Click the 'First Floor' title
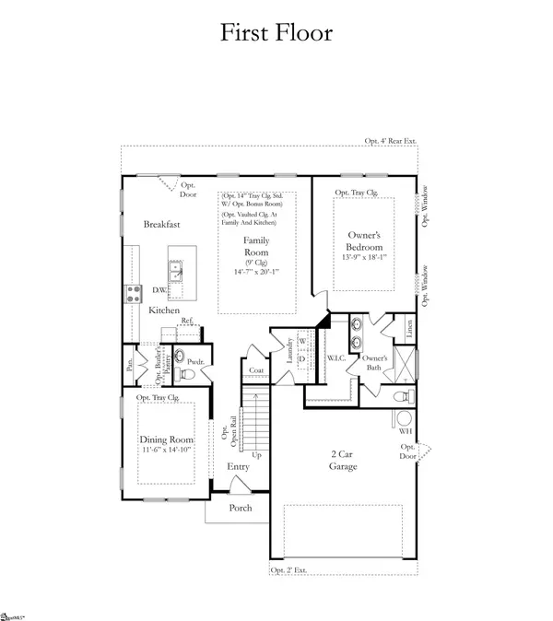pos(276,32)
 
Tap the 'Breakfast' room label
pos(161,224)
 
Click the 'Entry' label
pos(240,467)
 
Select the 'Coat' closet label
pos(255,371)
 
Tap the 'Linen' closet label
pos(402,326)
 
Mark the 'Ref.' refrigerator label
pos(186,320)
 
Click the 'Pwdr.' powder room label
pos(194,362)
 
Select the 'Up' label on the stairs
pos(256,455)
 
